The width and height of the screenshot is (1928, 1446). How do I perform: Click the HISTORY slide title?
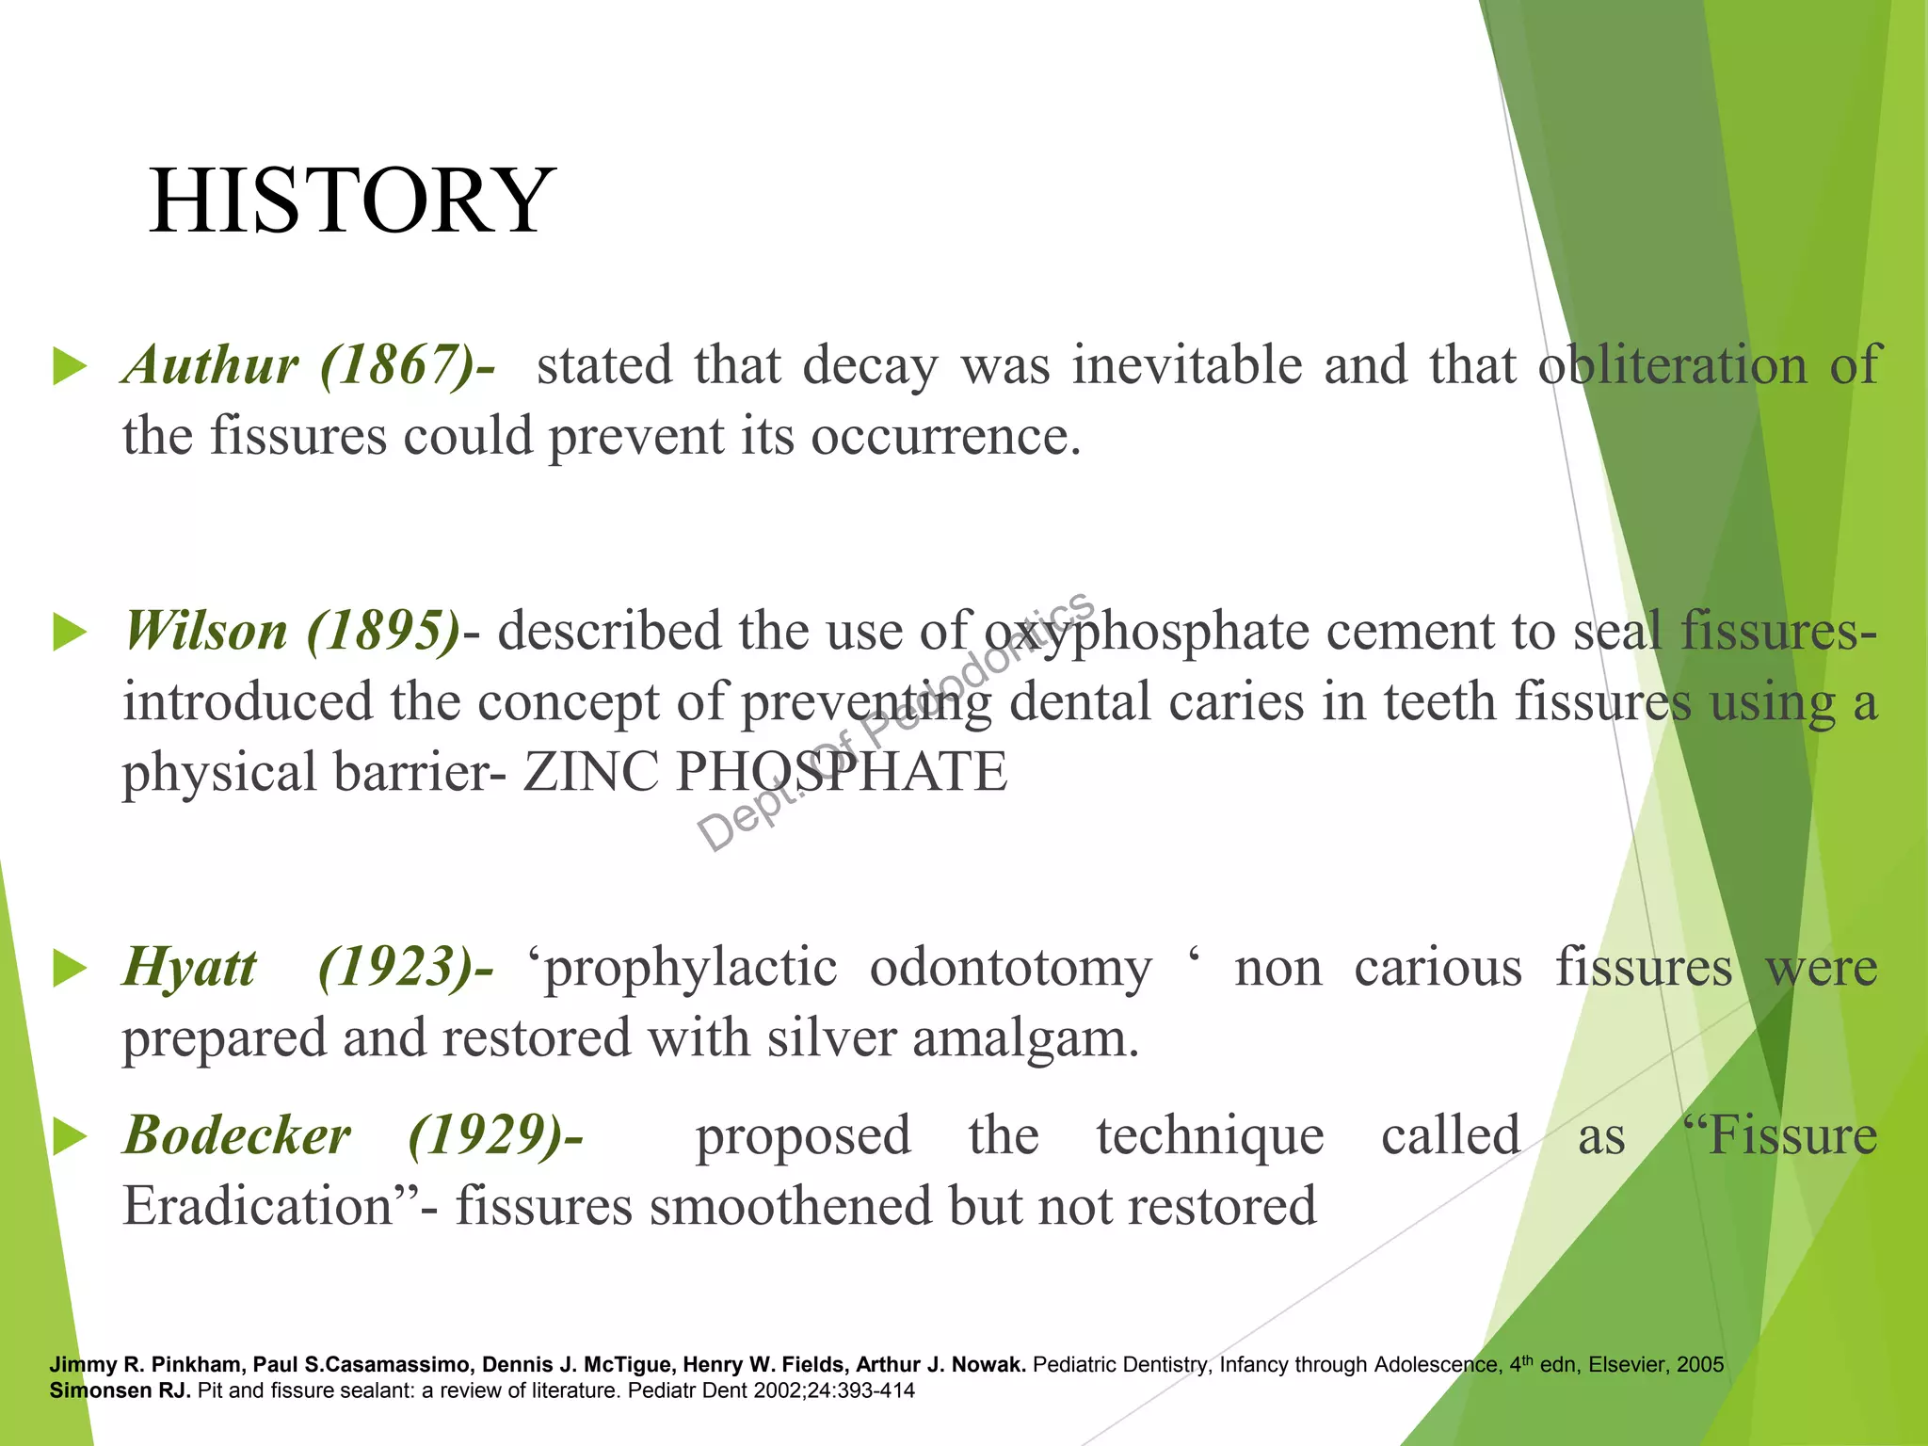(x=352, y=201)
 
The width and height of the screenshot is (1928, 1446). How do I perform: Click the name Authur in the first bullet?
(x=211, y=365)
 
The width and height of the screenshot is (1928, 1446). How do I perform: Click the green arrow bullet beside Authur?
(x=70, y=366)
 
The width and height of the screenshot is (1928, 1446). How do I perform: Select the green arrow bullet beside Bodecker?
(x=70, y=1137)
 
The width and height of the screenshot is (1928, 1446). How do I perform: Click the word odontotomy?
(x=1010, y=968)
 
